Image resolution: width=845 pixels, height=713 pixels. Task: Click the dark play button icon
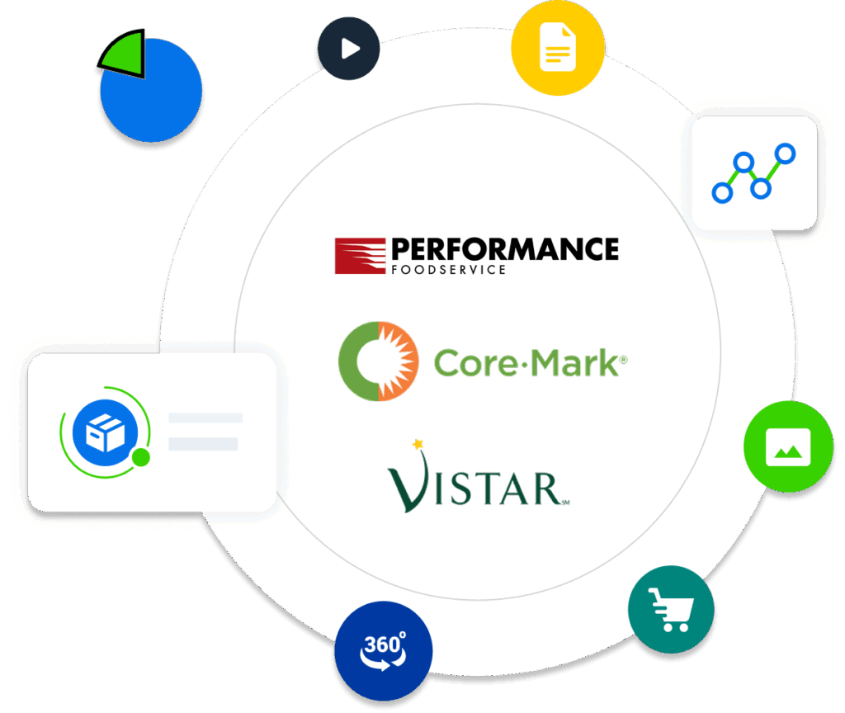click(348, 49)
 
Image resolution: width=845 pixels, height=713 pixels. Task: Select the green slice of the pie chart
click(124, 54)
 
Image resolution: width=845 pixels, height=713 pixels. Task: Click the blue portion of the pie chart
click(153, 99)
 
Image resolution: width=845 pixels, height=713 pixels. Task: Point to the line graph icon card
click(753, 172)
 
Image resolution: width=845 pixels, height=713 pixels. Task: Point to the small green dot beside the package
click(141, 457)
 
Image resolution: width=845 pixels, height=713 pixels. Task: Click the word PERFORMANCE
click(504, 248)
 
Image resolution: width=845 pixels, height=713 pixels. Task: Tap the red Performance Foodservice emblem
click(360, 256)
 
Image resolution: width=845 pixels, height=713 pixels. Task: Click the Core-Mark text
click(525, 362)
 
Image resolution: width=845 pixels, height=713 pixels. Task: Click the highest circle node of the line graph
click(786, 153)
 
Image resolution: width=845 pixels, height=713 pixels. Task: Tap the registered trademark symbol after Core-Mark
click(623, 361)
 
